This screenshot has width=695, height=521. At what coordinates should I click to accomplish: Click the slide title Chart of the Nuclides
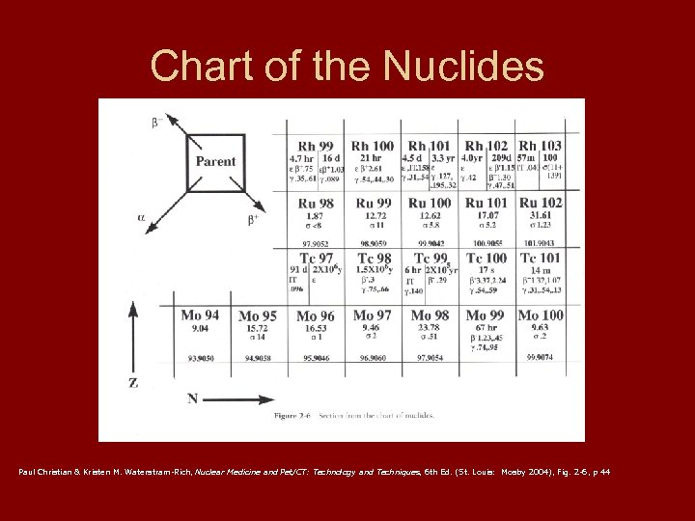347,66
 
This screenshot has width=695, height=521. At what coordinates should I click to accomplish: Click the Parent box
215,161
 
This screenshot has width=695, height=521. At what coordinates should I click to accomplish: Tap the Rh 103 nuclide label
540,146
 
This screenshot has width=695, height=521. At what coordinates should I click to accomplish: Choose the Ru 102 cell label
541,203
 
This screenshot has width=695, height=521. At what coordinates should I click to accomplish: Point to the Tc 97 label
318,258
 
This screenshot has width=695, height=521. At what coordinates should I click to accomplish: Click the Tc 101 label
541,258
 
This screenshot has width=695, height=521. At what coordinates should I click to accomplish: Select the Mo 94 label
200,315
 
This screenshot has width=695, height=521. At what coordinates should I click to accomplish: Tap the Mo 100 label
541,315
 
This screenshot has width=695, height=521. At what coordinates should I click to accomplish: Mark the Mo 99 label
485,315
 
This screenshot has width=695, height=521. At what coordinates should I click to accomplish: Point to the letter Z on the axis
133,383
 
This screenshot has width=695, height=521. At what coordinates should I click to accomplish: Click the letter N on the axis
193,398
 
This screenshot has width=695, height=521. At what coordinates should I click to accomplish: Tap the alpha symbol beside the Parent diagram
141,218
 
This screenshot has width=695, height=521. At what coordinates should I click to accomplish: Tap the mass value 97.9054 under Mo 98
429,357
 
